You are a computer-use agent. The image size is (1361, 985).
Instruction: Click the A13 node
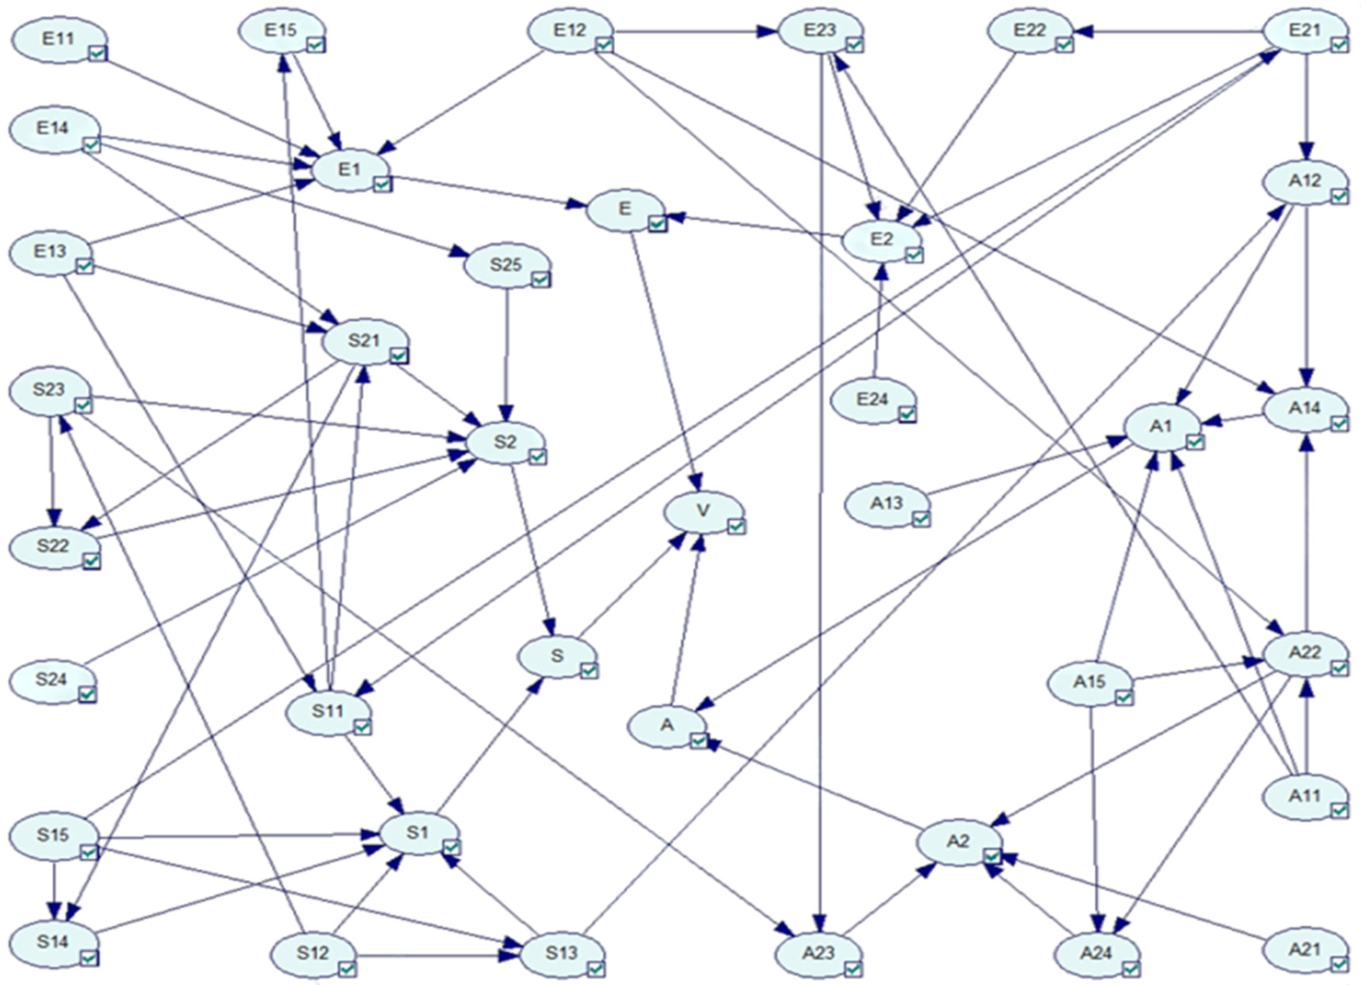click(x=886, y=503)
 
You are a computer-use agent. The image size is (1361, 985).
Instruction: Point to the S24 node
click(x=51, y=680)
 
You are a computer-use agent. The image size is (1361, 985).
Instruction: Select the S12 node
click(x=313, y=952)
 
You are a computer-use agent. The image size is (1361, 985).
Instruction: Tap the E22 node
click(x=1030, y=30)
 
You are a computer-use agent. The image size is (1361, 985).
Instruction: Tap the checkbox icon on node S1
click(x=451, y=846)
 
